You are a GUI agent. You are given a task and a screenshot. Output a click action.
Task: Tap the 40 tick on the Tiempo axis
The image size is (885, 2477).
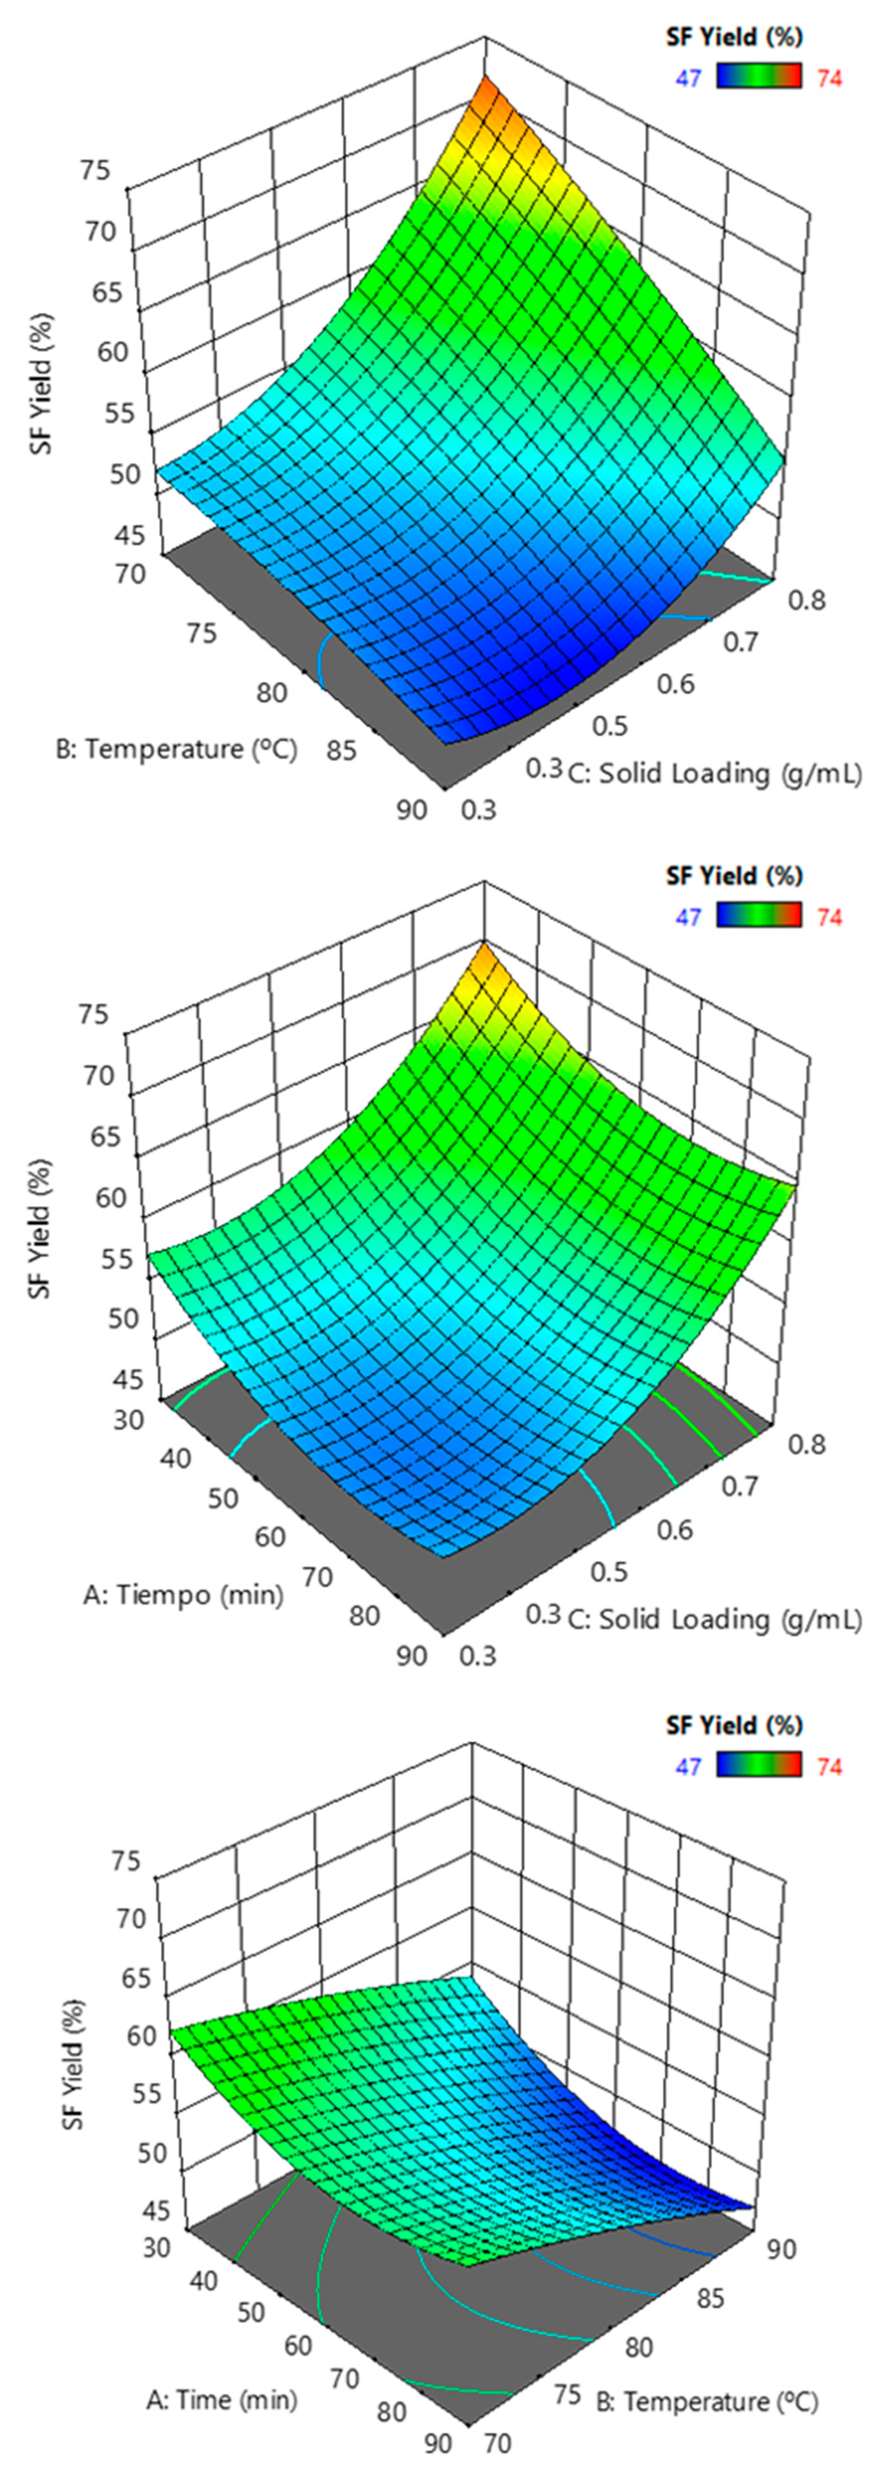tap(175, 1458)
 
